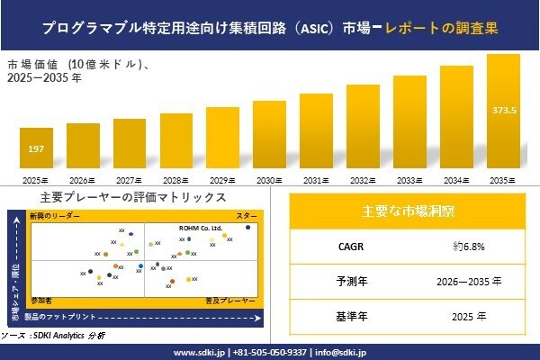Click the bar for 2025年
coord(36,150)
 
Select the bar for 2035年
coord(503,112)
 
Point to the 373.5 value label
coord(504,111)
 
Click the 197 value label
coord(36,148)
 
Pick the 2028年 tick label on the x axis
coord(175,181)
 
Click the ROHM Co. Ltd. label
coord(200,229)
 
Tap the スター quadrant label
coord(247,216)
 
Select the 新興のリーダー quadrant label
coord(55,216)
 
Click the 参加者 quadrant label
coord(41,298)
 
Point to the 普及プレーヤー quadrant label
coord(231,298)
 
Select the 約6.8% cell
coord(469,246)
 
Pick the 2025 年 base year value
coord(469,316)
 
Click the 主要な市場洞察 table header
coord(408,211)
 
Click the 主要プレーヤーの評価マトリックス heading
coord(132,198)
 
